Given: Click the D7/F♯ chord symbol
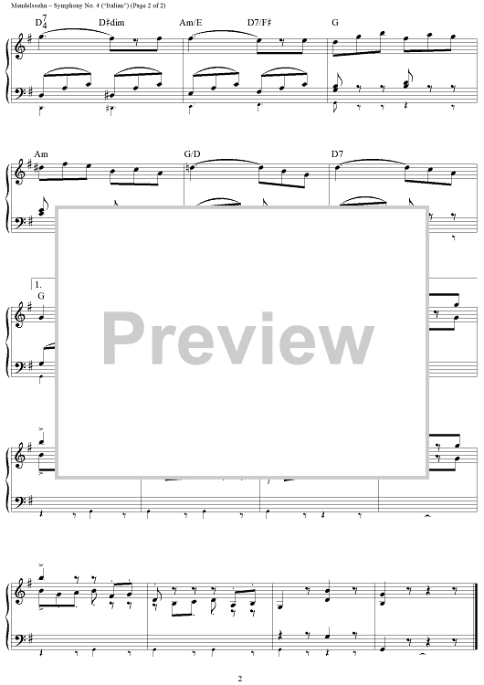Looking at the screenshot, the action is (259, 23).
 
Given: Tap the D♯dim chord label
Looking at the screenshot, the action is (111, 23).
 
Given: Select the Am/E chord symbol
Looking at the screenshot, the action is (191, 23).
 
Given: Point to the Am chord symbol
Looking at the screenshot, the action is (41, 153).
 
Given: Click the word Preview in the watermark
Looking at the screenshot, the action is (238, 339).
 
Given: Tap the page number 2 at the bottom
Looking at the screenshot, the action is (240, 679).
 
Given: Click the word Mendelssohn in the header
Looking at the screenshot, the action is (22, 5).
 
